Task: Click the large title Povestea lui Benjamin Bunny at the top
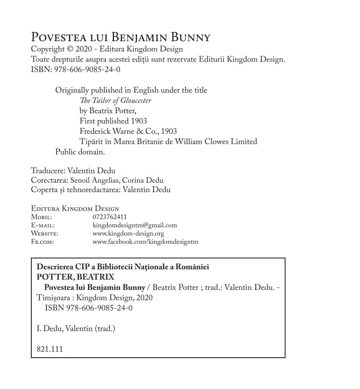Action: (121, 37)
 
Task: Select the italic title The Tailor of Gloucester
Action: (115, 101)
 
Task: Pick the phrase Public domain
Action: (80, 151)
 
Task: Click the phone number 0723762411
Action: (110, 217)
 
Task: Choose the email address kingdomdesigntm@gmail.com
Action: (135, 225)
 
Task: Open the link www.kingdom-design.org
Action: (128, 234)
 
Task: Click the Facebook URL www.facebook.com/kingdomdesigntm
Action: (145, 242)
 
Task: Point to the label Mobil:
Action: (42, 217)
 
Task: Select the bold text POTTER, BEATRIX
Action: (76, 277)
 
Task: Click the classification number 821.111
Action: (50, 349)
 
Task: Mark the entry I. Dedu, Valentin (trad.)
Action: (76, 329)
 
